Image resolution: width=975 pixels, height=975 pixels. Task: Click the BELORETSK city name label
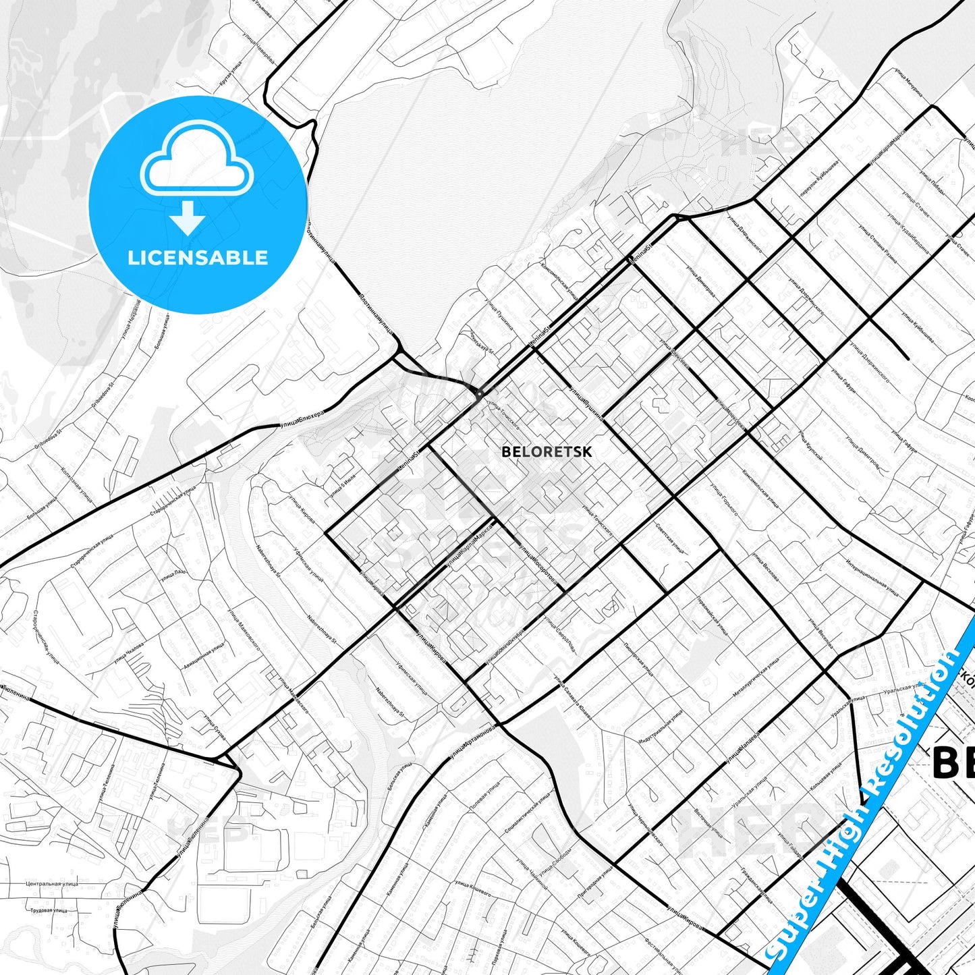[547, 452]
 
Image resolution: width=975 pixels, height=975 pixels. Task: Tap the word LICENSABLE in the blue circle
[198, 258]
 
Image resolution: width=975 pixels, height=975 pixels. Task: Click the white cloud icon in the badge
[196, 159]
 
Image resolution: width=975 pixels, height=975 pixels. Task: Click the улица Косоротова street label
[538, 562]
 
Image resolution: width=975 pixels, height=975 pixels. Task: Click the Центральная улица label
[52, 883]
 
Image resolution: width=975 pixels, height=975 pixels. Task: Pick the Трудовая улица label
[49, 910]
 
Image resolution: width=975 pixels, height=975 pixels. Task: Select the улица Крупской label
[810, 445]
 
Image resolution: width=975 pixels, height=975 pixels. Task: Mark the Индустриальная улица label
[661, 727]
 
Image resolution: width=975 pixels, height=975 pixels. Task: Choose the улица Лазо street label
[173, 575]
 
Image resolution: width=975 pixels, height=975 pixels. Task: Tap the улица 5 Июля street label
[342, 485]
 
